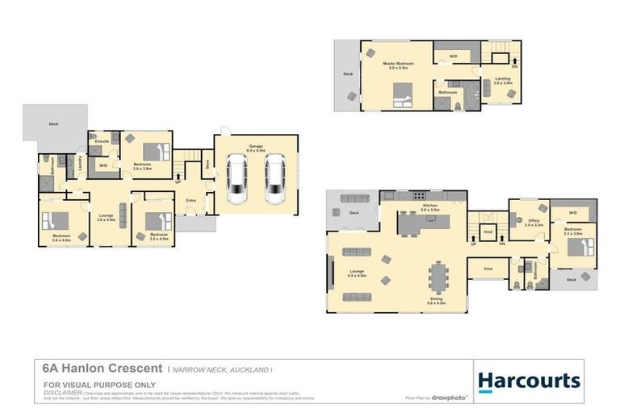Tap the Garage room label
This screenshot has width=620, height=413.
[x=255, y=148]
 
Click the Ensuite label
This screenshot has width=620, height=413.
[x=102, y=141]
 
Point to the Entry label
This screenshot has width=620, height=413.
[x=191, y=200]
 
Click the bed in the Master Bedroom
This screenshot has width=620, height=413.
[x=402, y=100]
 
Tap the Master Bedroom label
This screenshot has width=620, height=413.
[x=399, y=65]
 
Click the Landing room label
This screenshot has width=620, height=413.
[x=503, y=80]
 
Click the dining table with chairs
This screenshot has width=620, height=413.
[x=437, y=277]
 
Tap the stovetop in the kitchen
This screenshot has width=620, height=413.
[x=419, y=195]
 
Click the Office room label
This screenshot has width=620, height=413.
[x=533, y=223]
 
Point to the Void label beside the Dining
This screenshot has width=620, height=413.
[x=487, y=269]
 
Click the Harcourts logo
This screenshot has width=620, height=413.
[x=529, y=381]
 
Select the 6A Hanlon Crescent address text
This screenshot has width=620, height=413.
[x=102, y=368]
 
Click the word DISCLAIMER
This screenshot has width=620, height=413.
[x=61, y=392]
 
